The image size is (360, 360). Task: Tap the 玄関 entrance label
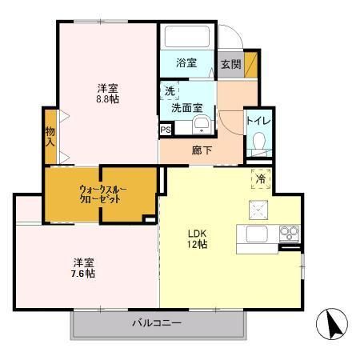coord(230,64)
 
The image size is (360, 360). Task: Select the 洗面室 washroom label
coord(186,106)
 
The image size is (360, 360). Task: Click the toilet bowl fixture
coord(258,142)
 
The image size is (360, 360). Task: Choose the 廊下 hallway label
coord(202,149)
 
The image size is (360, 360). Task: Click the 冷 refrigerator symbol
coord(261,179)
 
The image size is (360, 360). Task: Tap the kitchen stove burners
coord(287,234)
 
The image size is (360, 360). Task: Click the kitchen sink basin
coord(257,234)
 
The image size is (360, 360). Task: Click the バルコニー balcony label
coord(157,323)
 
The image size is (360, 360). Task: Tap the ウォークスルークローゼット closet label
coord(102,194)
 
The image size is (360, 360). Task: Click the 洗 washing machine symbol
coord(170,90)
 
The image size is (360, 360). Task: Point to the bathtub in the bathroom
coord(186,38)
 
